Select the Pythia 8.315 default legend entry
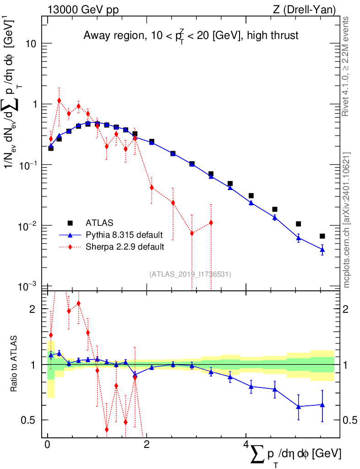[124, 235]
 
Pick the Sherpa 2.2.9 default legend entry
[125, 247]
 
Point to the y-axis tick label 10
[31, 44]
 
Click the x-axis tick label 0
[47, 445]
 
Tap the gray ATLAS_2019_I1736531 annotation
[190, 274]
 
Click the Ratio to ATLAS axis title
[15, 364]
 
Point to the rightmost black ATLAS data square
[322, 236]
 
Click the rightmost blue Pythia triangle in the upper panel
[322, 249]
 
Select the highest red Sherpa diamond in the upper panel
[59, 100]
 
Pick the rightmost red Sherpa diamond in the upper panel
[211, 223]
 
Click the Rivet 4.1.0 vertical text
[346, 66]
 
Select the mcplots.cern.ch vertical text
[346, 220]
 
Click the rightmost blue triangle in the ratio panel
[322, 405]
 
